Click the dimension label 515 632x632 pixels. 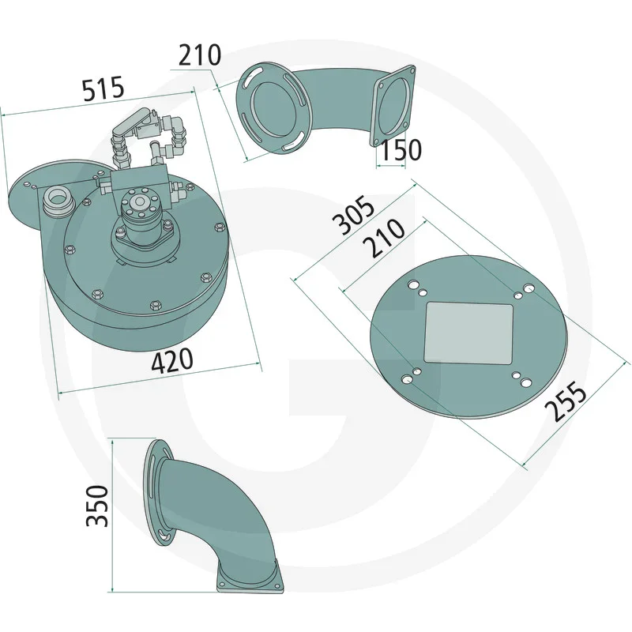point(103,88)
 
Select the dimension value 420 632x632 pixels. point(171,360)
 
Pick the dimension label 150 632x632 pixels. point(398,150)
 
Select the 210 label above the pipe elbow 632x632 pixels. point(199,56)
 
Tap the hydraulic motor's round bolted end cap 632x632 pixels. point(141,204)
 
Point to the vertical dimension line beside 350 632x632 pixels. point(115,513)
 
